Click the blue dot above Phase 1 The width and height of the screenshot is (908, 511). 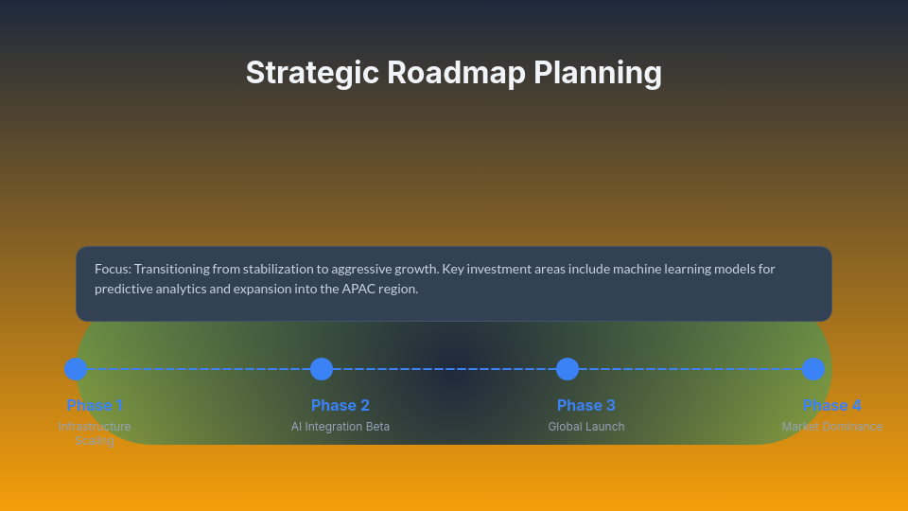(76, 369)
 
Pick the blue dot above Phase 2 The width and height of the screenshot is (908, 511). (322, 369)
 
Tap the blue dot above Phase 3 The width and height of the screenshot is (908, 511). (567, 369)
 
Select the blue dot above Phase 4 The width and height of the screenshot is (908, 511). (813, 369)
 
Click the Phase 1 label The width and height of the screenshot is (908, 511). (95, 405)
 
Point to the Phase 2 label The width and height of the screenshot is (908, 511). (340, 405)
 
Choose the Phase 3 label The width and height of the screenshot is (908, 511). (586, 405)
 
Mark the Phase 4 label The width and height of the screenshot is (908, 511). (832, 405)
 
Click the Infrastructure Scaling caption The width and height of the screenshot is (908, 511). (95, 433)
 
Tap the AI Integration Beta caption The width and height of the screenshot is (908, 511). (340, 427)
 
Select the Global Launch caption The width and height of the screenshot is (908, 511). (586, 427)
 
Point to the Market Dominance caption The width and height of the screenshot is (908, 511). (832, 427)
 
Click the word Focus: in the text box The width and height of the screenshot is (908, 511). (113, 269)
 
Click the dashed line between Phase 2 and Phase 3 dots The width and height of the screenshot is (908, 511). (445, 369)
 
